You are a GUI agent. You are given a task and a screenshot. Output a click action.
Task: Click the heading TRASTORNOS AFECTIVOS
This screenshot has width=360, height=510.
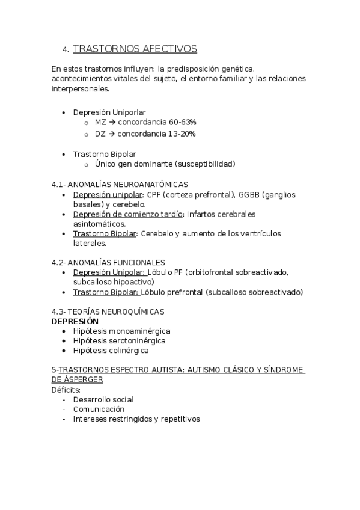pos(135,49)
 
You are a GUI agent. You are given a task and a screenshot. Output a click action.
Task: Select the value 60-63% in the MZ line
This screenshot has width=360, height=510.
pos(182,123)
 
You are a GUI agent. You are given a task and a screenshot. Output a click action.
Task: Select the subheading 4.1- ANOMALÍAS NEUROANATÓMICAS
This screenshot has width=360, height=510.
pos(120,185)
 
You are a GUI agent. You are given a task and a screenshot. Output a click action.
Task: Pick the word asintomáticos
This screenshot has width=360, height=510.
pos(99,224)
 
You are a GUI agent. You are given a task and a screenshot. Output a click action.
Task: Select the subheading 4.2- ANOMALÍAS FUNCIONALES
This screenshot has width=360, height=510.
pos(108,263)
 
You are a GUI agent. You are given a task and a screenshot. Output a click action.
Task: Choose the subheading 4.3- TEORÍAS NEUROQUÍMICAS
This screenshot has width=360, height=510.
pos(108,312)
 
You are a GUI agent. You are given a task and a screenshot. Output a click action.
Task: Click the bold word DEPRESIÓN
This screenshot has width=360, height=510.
pos(75,321)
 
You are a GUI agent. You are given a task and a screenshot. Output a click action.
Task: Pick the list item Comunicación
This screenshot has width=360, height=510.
pos(99,409)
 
